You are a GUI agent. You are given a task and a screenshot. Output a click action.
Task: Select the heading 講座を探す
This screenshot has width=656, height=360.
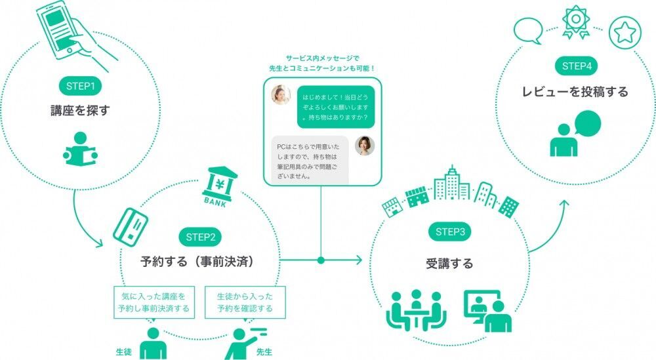pyautogui.click(x=79, y=110)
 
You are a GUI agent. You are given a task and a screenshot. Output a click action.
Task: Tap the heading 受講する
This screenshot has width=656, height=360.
pyautogui.click(x=449, y=264)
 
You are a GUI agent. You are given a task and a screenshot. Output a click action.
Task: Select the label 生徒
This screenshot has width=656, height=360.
pyautogui.click(x=123, y=352)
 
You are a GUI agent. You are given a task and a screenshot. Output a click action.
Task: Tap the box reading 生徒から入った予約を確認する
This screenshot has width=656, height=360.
pyautogui.click(x=245, y=302)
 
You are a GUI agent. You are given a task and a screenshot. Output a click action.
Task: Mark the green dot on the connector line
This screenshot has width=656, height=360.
pyautogui.click(x=321, y=260)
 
